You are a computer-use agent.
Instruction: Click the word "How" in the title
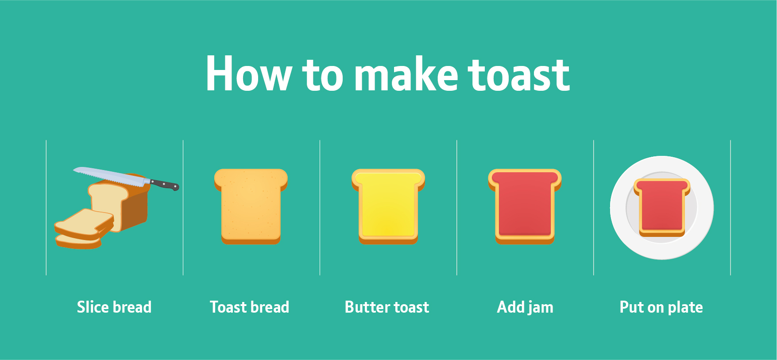pyautogui.click(x=248, y=74)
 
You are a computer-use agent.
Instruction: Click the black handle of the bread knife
pyautogui.click(x=165, y=184)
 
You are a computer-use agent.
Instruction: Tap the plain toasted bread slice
pyautogui.click(x=251, y=206)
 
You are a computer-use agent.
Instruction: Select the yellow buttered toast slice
pyautogui.click(x=388, y=206)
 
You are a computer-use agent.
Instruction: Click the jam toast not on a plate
pyautogui.click(x=525, y=206)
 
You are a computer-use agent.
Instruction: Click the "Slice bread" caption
pyautogui.click(x=114, y=307)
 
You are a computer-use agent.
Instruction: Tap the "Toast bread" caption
pyautogui.click(x=249, y=307)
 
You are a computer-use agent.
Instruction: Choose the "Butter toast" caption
pyautogui.click(x=387, y=307)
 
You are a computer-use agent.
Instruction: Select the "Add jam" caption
pyautogui.click(x=525, y=307)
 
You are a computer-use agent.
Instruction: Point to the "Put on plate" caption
pyautogui.click(x=661, y=307)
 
